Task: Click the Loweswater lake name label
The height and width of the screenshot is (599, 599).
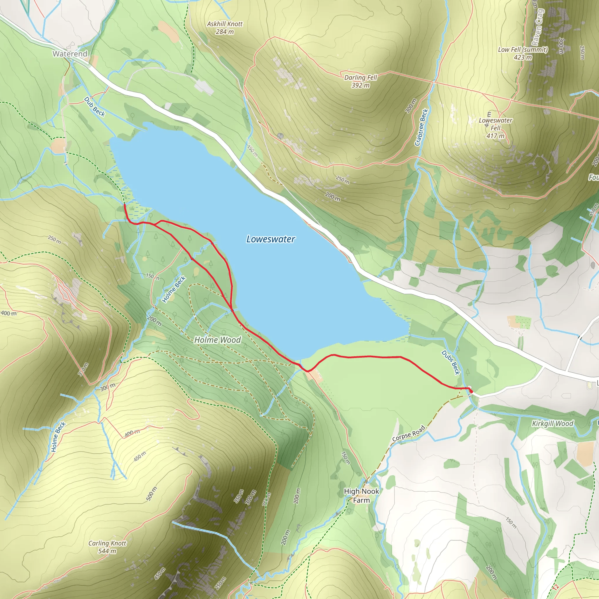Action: click(x=270, y=239)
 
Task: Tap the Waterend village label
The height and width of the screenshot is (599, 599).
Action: click(x=70, y=54)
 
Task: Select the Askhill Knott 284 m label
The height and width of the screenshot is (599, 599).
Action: click(x=225, y=27)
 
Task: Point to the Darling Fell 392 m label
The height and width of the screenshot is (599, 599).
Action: click(x=361, y=81)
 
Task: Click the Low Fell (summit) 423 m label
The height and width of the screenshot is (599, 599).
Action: click(x=523, y=53)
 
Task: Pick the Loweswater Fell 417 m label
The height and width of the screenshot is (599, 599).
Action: click(x=495, y=128)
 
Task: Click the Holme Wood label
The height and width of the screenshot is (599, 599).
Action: click(x=217, y=340)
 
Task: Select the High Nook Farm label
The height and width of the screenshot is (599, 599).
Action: click(x=362, y=495)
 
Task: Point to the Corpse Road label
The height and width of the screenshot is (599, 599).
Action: click(x=408, y=434)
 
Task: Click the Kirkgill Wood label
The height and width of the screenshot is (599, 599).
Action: click(x=553, y=424)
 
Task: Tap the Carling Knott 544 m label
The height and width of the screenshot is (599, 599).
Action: click(x=107, y=547)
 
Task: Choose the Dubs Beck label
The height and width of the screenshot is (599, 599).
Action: click(x=450, y=362)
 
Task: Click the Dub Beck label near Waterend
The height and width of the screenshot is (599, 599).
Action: click(x=94, y=107)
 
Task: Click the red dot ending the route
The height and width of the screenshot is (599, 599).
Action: click(x=471, y=392)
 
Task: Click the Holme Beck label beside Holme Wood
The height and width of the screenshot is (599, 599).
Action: click(x=174, y=289)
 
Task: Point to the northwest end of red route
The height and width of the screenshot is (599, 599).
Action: click(x=124, y=205)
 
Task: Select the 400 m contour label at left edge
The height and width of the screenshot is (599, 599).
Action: click(x=9, y=313)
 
